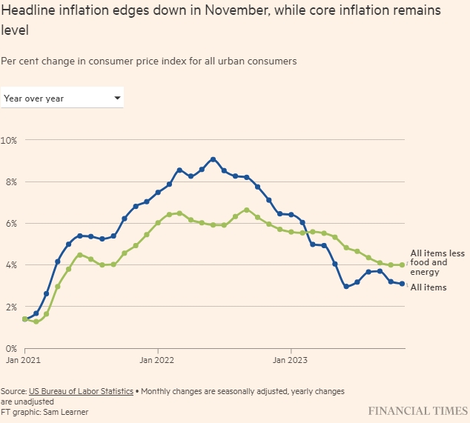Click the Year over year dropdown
[62, 98]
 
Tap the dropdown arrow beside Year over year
[117, 98]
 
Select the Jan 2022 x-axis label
[157, 361]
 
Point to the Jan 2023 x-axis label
[291, 361]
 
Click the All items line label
[428, 287]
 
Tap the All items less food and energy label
[437, 262]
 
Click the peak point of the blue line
[213, 159]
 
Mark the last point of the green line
[402, 264]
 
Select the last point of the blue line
[402, 284]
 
